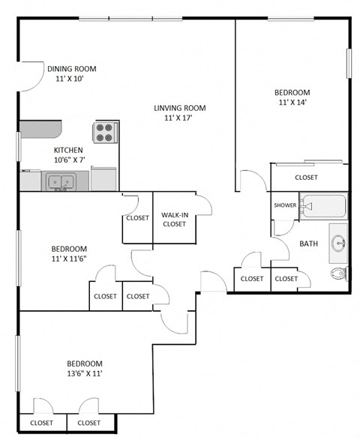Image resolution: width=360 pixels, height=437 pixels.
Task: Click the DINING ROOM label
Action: click(x=71, y=68)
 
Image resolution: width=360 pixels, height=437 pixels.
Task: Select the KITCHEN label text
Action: click(x=67, y=150)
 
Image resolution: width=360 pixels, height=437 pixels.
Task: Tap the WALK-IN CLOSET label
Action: click(x=174, y=219)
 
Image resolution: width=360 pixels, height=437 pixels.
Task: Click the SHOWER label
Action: click(x=285, y=205)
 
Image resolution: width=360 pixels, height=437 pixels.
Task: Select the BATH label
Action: click(x=308, y=244)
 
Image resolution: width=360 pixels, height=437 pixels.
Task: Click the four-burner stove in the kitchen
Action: click(x=105, y=132)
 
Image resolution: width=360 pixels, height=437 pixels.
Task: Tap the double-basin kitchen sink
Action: click(x=58, y=181)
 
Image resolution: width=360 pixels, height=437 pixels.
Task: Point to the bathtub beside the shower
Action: click(x=323, y=205)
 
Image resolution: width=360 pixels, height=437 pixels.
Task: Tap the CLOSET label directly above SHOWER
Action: click(x=306, y=178)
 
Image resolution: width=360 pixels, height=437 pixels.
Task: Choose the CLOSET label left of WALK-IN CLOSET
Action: click(x=137, y=218)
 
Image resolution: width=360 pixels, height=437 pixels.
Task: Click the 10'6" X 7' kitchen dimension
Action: click(x=69, y=160)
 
